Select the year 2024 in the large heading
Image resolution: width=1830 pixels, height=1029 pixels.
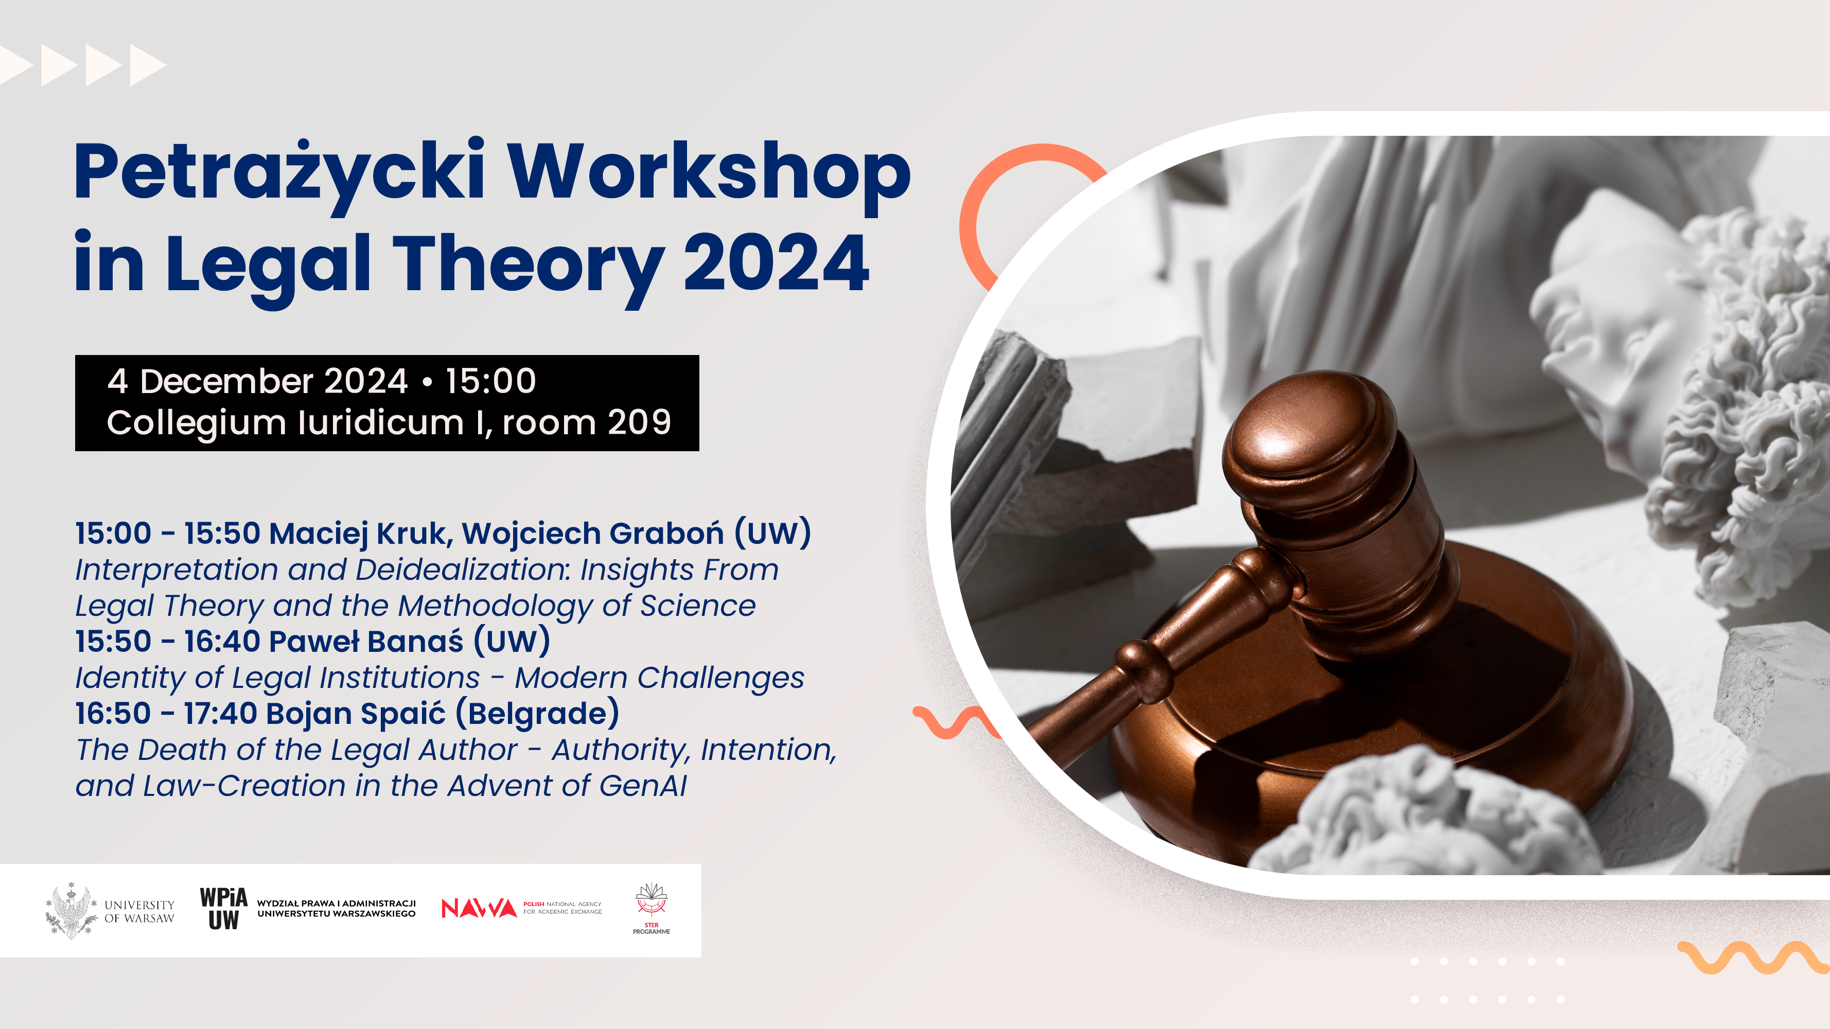776,263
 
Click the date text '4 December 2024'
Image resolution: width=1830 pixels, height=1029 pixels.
258,381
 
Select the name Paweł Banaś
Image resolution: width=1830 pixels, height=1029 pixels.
366,641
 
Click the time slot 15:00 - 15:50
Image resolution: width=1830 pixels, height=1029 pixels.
168,534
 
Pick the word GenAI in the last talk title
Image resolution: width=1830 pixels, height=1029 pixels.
643,786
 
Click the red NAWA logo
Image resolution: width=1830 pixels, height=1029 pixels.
479,908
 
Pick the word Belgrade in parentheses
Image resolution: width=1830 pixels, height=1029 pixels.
538,713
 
